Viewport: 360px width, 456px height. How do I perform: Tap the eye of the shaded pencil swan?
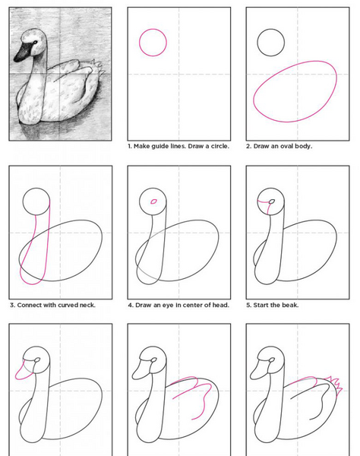pyautogui.click(x=35, y=43)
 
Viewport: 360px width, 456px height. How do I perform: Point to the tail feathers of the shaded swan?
pyautogui.click(x=97, y=68)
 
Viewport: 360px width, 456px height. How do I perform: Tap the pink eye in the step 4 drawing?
pyautogui.click(x=153, y=201)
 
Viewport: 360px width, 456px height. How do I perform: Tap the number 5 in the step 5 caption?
pyautogui.click(x=248, y=305)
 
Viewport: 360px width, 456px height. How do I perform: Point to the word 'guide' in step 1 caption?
pyautogui.click(x=159, y=146)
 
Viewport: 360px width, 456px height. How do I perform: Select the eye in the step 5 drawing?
pyautogui.click(x=272, y=201)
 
